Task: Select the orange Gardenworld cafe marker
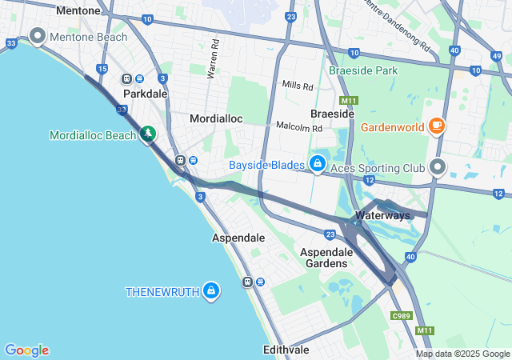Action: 437,126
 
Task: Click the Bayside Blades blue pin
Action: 318,164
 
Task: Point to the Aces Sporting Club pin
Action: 438,167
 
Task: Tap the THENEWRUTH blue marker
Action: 211,290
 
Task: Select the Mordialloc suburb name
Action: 215,118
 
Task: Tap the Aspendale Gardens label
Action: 324,257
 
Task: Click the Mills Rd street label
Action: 298,84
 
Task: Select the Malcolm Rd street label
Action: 298,126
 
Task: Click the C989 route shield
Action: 402,317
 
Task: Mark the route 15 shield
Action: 102,70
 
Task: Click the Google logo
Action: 26,350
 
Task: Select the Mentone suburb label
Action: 78,11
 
